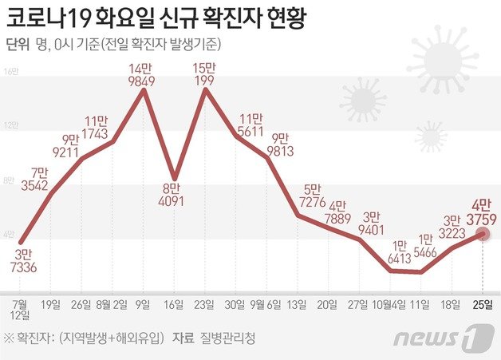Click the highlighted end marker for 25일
tap(482, 233)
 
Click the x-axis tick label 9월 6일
tap(268, 304)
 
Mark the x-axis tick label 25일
tap(483, 304)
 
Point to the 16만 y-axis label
tap(11, 72)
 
